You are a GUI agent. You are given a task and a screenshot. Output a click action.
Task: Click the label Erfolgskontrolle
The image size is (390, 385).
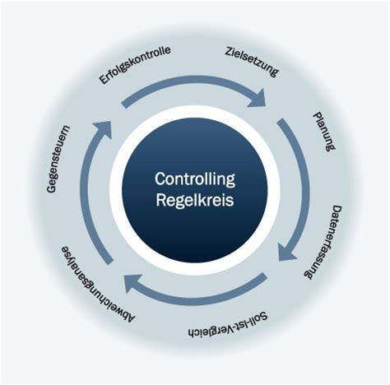(x=135, y=65)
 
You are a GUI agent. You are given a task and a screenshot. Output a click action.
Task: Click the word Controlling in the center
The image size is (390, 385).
(x=195, y=179)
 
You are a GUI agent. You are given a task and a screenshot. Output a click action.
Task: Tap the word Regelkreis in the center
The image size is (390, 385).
(x=195, y=200)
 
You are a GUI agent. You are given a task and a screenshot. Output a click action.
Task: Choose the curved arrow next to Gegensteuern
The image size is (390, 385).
(x=92, y=197)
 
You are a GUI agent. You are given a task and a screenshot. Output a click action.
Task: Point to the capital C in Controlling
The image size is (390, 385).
(x=160, y=179)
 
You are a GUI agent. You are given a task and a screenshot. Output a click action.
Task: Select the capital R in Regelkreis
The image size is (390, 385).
(x=161, y=200)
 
